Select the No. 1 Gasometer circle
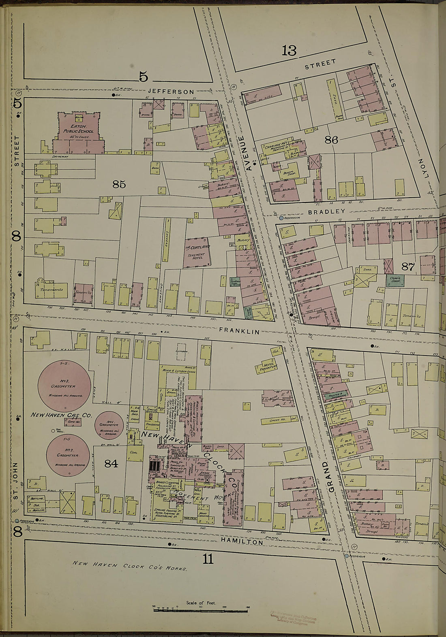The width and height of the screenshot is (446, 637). point(109,425)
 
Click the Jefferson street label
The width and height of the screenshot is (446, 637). point(171,92)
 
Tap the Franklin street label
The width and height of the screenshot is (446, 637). point(239,331)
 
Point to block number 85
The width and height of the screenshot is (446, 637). point(119,184)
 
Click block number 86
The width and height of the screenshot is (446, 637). point(331,140)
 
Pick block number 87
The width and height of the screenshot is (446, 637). point(407,266)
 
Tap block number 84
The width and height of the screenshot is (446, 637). point(111,463)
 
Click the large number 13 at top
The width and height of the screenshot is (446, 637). point(289,51)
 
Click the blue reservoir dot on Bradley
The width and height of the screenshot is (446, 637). point(281,217)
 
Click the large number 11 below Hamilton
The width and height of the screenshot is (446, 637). point(207,559)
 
